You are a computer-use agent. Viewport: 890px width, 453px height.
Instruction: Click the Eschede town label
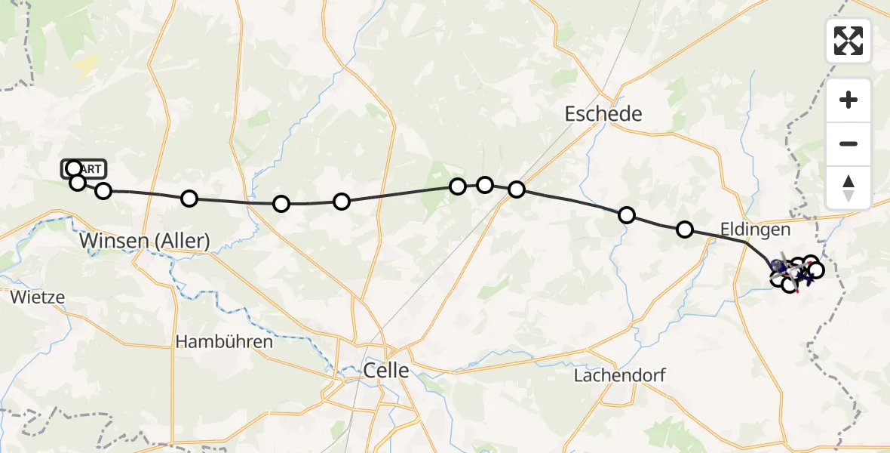pos(603,114)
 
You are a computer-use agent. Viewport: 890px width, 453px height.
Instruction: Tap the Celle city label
pos(386,370)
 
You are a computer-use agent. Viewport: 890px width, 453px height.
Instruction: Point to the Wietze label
pos(38,297)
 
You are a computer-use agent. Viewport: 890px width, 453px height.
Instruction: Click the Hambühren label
pos(224,342)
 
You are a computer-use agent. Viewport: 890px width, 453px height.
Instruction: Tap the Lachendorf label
pos(619,375)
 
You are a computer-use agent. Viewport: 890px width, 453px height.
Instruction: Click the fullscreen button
pos(849,41)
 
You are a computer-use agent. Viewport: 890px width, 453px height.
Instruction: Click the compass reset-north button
pos(849,188)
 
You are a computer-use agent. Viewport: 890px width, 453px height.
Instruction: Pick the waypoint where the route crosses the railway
pos(517,190)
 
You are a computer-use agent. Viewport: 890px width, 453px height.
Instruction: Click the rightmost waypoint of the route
pos(815,270)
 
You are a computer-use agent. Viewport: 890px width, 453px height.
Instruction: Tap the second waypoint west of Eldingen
pos(626,215)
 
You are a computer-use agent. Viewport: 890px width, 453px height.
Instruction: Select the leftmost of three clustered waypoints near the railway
pos(458,186)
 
